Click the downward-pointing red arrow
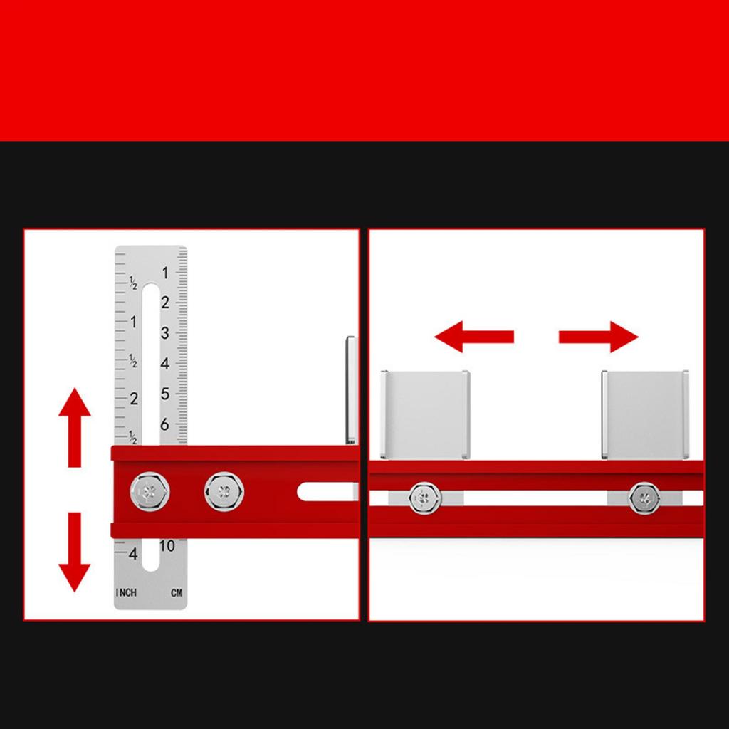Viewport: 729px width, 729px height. coord(74,552)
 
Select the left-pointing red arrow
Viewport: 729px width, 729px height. coord(473,336)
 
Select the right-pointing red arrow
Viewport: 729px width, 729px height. coord(598,336)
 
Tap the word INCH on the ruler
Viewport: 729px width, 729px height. coord(126,592)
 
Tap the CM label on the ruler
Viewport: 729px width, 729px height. coord(176,592)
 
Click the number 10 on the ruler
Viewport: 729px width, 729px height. coord(167,546)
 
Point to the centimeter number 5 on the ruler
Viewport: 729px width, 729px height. coord(165,394)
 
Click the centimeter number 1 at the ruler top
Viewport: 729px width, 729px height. coord(165,273)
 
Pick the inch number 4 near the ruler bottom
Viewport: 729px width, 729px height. coord(133,553)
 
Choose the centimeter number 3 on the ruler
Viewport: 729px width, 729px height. coord(165,333)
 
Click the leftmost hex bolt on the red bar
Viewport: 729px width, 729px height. coord(150,491)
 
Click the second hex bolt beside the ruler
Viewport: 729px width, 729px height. coord(224,491)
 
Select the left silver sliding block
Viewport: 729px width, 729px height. coord(425,414)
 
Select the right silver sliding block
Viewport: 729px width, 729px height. coord(645,414)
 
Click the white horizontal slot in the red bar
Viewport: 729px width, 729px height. coord(326,491)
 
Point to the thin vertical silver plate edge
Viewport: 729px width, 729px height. coord(350,390)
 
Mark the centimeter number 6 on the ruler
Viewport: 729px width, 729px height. coord(165,424)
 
